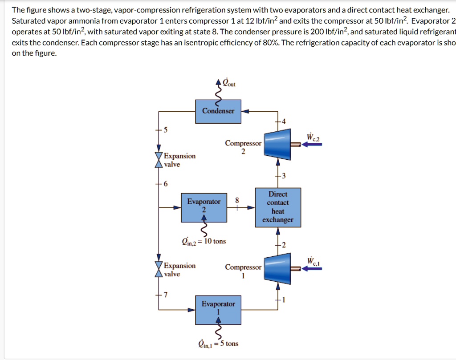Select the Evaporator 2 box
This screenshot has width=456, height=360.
204,207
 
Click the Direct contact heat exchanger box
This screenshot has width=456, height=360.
278,207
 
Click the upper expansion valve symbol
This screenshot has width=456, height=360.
158,160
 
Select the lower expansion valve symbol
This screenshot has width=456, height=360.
158,270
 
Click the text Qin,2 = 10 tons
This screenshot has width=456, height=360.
204,242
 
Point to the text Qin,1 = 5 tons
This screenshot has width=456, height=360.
218,344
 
